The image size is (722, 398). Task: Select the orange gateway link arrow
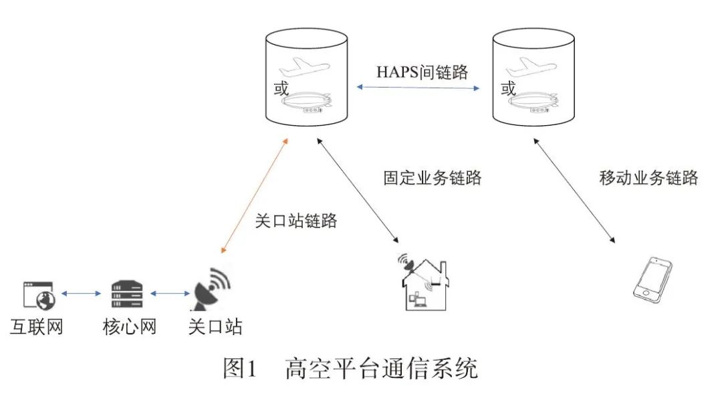[x=254, y=197]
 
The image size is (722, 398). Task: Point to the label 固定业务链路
[x=433, y=178]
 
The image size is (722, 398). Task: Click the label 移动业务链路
[x=648, y=178]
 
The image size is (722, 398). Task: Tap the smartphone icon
[x=652, y=278]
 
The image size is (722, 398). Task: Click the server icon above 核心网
[x=127, y=293]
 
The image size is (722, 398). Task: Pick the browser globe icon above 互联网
[x=37, y=294]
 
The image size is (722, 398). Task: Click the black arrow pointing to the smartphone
[x=573, y=190]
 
